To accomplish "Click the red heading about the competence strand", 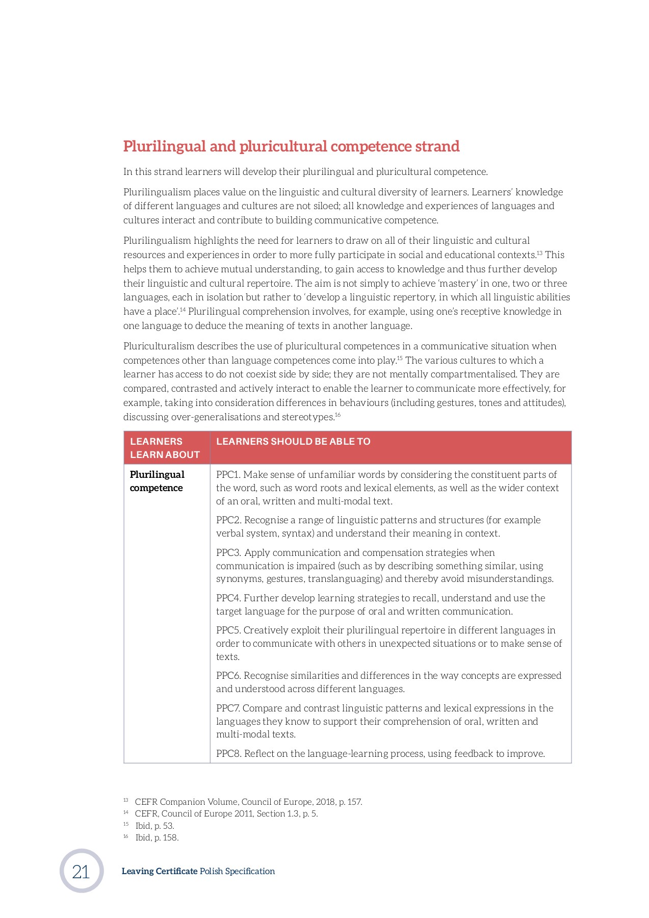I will coord(291,146).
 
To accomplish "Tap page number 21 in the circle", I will coord(81,872).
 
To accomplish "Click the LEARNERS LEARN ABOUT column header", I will coord(165,448).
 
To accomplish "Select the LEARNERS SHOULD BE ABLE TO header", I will coord(293,442).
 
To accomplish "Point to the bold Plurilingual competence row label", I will coord(157,481).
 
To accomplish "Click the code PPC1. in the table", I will coord(228,475).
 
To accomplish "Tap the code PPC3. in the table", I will coord(228,553).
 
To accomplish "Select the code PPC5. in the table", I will coord(228,630).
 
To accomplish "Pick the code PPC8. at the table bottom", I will coord(228,754).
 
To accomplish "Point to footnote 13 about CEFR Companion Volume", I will coord(248,802).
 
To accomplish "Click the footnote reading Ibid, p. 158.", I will coord(157,837).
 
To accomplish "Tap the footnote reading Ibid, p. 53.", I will coord(154,826).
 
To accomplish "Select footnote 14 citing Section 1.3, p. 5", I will coord(226,813).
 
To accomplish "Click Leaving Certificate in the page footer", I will coord(159,871).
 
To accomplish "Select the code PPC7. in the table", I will coord(227,708).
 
